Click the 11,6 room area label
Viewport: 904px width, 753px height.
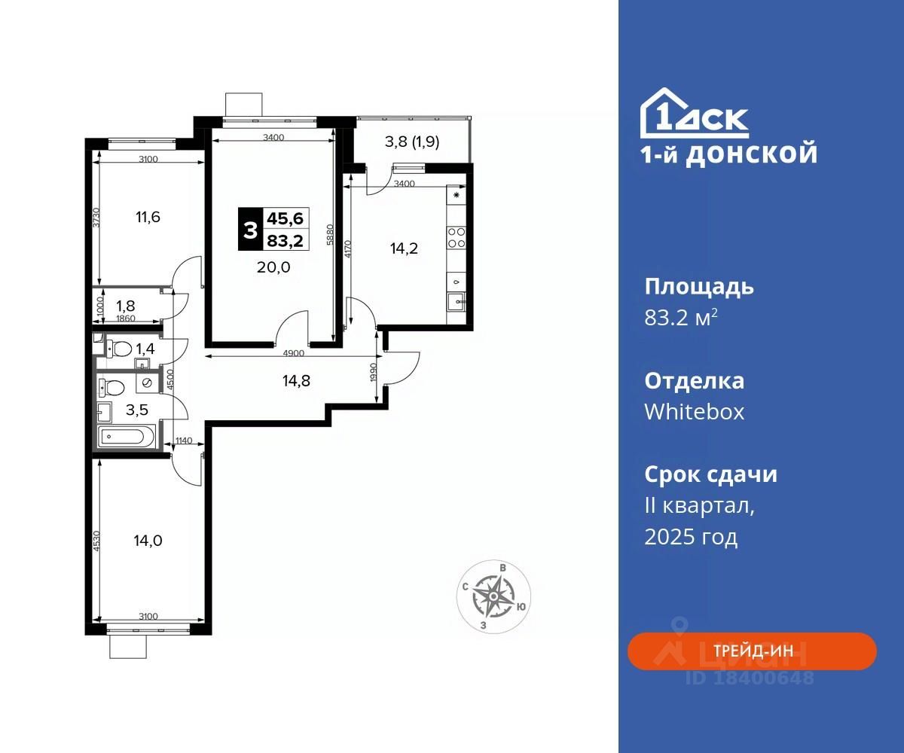coord(148,217)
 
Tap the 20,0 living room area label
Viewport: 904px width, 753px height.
coord(273,267)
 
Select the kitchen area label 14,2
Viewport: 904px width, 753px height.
coord(404,248)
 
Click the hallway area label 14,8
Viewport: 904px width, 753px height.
coord(296,381)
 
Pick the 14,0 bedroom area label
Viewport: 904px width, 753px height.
coord(148,541)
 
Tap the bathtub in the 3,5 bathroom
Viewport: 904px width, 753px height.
coord(126,437)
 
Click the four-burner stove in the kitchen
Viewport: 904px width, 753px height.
coord(457,238)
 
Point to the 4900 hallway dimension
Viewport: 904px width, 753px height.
coord(294,353)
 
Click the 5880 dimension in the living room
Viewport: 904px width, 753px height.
coord(331,234)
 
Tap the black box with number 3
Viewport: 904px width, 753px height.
coord(250,230)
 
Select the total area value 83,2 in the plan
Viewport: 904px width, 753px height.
coord(286,241)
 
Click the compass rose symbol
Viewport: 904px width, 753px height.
coord(493,597)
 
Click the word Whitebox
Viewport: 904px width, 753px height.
coord(694,412)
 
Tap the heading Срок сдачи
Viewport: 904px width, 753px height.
coord(710,474)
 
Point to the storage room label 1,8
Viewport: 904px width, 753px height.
coord(126,306)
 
